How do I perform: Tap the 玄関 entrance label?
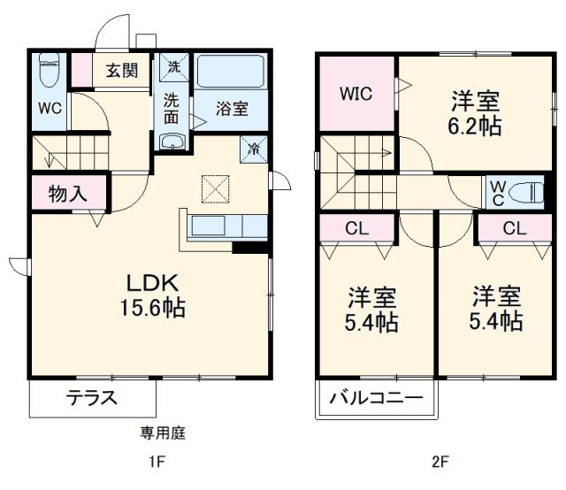[122, 71]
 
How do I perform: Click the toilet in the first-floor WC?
[50, 71]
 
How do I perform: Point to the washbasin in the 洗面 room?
[172, 142]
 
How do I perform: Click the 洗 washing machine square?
[173, 66]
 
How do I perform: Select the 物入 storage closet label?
[67, 195]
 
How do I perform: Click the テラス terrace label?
[91, 398]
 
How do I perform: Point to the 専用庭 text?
[163, 433]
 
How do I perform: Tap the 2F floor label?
[440, 463]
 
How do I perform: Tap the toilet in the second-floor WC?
[531, 190]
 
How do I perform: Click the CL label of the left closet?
[356, 228]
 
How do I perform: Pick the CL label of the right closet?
[514, 228]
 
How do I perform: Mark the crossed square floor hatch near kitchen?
[215, 188]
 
